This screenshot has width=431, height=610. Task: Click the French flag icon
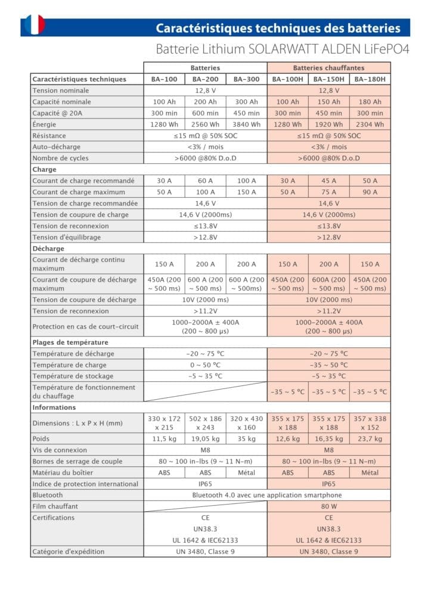[x=32, y=25]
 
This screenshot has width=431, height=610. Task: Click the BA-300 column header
[x=246, y=79]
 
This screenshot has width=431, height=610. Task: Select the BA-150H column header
[x=328, y=79]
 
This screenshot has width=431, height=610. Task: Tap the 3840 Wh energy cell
[x=246, y=125]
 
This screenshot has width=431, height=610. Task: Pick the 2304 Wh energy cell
[x=370, y=125]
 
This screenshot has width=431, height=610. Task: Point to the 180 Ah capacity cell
[x=370, y=102]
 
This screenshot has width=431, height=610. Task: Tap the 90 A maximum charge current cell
[x=370, y=192]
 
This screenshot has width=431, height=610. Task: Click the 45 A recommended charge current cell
[x=328, y=180]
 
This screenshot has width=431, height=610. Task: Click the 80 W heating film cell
[x=328, y=506]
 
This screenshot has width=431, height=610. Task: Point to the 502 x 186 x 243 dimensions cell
[x=205, y=423]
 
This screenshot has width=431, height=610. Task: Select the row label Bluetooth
[x=48, y=495]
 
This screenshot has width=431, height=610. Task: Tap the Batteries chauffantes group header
[x=328, y=68]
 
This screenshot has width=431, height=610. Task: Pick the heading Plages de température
[x=70, y=343]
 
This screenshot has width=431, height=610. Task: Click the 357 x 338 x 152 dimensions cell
[x=370, y=423]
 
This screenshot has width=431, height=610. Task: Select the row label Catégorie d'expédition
[x=68, y=552]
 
